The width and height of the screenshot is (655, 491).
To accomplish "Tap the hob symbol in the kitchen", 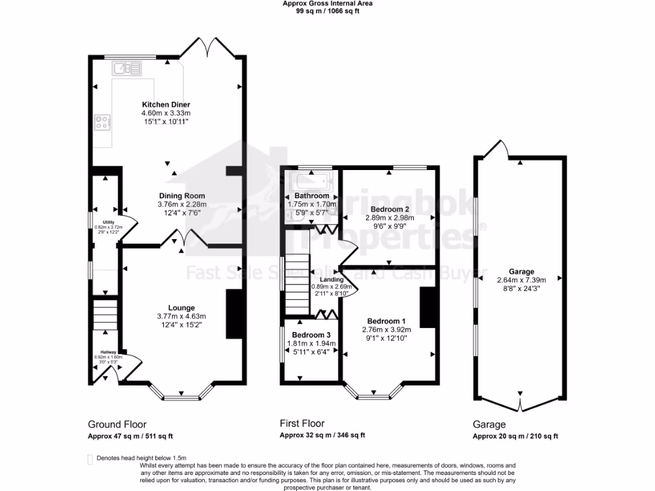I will [102, 121].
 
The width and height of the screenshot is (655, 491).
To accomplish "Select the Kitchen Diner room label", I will [166, 104].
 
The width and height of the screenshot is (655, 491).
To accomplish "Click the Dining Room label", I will [182, 196].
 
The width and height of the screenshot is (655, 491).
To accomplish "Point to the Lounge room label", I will [182, 308].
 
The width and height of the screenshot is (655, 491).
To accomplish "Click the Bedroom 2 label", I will [390, 209].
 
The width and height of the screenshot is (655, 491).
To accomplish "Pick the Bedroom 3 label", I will [311, 335].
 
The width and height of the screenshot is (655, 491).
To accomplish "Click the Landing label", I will [332, 279].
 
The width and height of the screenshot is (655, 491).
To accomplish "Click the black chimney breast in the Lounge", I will [234, 314].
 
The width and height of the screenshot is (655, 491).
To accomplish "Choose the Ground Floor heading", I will [117, 424].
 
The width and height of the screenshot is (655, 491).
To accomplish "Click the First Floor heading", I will [302, 423].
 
